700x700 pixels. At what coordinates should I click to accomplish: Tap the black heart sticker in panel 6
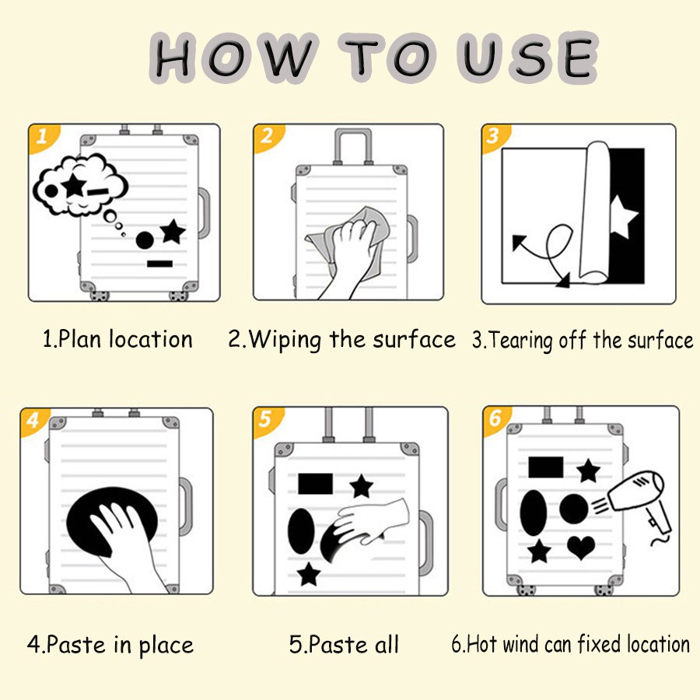[x=581, y=547]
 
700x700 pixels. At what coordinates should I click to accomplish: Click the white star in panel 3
[x=622, y=216]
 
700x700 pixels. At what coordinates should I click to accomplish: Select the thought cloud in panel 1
[x=80, y=184]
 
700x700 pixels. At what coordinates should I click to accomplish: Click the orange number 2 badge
[x=267, y=137]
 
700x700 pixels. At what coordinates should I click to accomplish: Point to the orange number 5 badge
[x=266, y=420]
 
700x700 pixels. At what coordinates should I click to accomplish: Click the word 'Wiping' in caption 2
[x=285, y=340]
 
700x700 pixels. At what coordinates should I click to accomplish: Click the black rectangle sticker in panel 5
[x=315, y=484]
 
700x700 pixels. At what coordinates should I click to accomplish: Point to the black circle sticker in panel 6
[x=574, y=509]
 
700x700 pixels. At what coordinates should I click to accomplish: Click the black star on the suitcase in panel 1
[x=173, y=232]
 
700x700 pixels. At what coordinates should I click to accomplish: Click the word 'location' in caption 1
[x=151, y=339]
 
